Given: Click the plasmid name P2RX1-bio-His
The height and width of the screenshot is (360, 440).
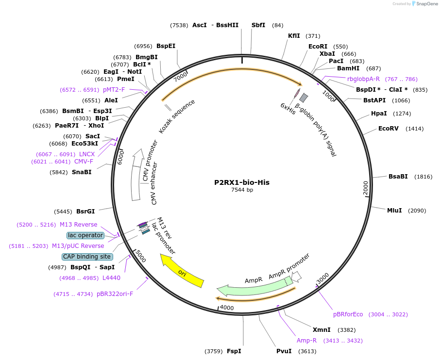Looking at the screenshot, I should tap(242, 182).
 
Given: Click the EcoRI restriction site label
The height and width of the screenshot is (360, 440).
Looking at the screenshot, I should tap(318, 47).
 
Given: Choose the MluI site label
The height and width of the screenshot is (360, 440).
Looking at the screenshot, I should tap(394, 210).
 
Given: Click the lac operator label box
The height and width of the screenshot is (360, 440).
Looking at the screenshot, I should tap(85, 235).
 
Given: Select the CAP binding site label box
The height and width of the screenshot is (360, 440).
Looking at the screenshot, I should tap(87, 257).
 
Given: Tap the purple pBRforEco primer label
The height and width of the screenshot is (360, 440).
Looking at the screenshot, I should tap(348, 314).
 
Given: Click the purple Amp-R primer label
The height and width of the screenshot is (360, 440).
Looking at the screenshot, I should tap(306, 340).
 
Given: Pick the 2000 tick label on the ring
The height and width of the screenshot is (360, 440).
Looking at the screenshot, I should tap(366, 186).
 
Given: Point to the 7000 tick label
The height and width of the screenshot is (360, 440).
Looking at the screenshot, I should tap(180, 76).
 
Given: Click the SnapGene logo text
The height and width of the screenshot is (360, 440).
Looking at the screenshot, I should tap(425, 4).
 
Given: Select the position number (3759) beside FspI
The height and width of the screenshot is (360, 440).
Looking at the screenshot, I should tap(214, 351).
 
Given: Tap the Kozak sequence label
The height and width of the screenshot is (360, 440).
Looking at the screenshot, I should tap(177, 116).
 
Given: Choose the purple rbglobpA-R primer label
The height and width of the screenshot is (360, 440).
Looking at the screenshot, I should tap(363, 79).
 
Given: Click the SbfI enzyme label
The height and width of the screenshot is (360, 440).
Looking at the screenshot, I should tap(258, 25).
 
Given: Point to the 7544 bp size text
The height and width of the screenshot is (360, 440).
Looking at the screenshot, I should tap(242, 190).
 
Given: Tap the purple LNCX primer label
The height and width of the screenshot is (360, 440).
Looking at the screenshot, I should tap(87, 154).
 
